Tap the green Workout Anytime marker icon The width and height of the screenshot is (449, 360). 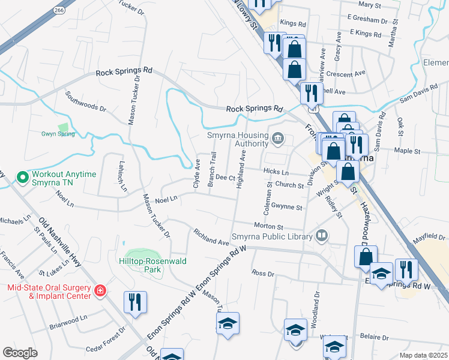point(23,178)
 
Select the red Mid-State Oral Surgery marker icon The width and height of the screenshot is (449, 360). point(100,292)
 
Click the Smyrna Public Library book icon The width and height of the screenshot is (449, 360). point(322,235)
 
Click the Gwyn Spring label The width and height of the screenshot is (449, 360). point(58,134)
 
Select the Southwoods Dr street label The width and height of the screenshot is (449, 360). point(86,102)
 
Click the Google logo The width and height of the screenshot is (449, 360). point(20,352)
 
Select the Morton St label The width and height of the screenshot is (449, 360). point(268,227)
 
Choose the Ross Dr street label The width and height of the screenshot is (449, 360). point(263,273)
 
